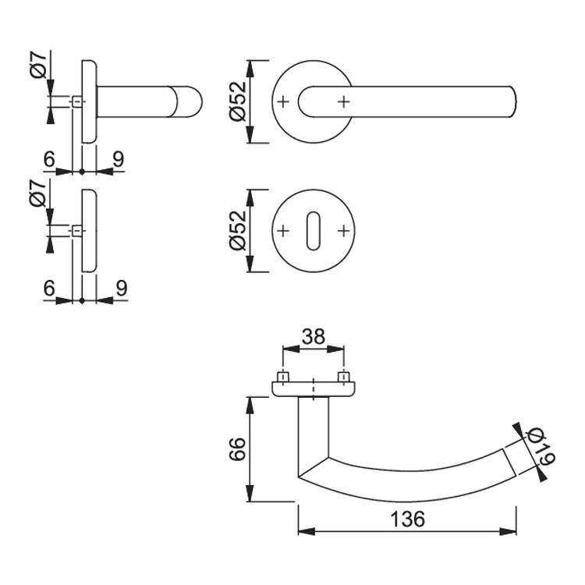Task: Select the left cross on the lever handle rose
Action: (283, 101)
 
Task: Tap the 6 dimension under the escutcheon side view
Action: (49, 289)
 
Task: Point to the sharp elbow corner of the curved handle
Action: (300, 476)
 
